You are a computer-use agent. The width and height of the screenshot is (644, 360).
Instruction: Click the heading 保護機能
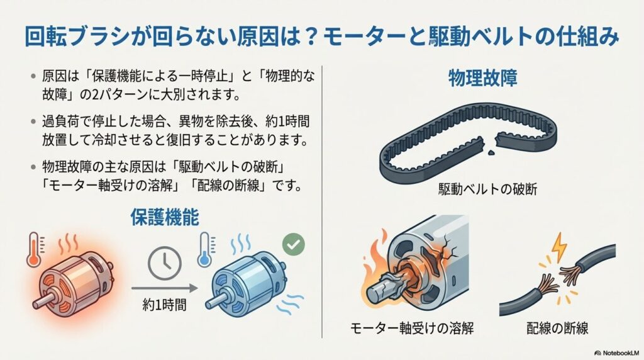coord(165,217)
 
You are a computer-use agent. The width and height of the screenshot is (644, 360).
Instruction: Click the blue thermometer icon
coord(204,247)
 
